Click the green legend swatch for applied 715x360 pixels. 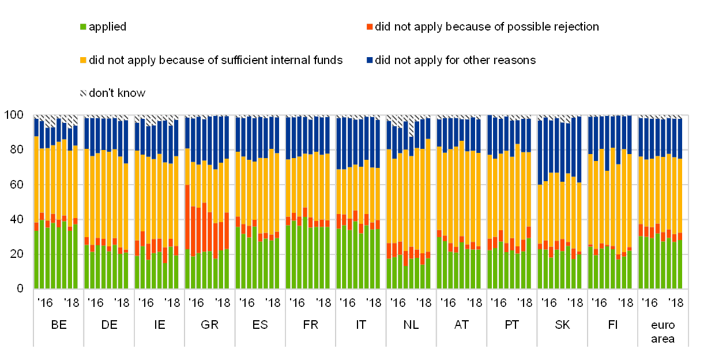[x=84, y=27]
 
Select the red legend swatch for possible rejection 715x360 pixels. [x=370, y=27]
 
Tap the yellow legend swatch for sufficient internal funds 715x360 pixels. [x=84, y=60]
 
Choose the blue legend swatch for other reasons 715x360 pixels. [x=370, y=60]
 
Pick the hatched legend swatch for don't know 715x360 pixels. [x=84, y=93]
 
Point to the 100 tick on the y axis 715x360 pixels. [x=15, y=115]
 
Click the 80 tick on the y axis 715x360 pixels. [x=17, y=149]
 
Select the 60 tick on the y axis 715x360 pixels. [x=17, y=184]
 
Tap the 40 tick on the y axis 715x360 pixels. [x=17, y=219]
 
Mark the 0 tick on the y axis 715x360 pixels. [x=21, y=287]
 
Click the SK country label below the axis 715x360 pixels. [x=562, y=325]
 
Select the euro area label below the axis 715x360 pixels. [x=663, y=331]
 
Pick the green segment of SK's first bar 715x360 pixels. [x=540, y=268]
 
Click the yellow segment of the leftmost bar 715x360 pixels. [x=36, y=179]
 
